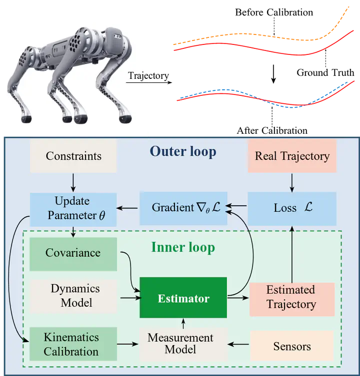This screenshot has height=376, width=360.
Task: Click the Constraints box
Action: point(73,156)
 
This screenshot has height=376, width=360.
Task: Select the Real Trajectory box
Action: point(292,156)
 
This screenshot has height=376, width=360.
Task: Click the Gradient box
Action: point(183,207)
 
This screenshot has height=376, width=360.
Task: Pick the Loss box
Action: point(292,208)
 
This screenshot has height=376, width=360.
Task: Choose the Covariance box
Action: point(73,253)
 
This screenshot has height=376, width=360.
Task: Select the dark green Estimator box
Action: point(183,299)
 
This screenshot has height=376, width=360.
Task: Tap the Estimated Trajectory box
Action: point(291,297)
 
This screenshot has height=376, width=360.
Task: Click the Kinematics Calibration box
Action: point(73,344)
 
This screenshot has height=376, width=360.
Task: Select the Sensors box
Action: point(291,346)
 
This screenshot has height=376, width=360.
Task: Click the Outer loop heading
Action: point(183,151)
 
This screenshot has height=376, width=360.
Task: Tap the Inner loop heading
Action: point(182,247)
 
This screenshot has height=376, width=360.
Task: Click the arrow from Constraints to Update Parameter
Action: point(73,182)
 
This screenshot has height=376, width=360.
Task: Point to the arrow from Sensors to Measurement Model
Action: point(238,344)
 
